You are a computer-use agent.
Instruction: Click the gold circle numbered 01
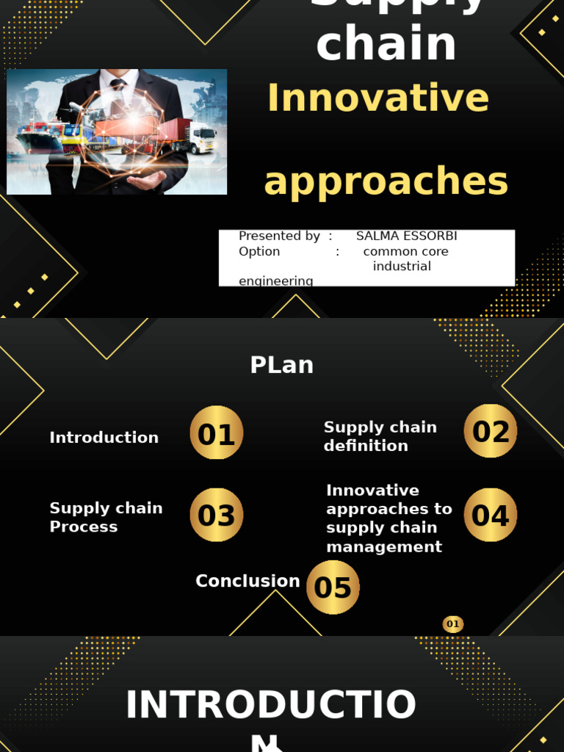pos(216,433)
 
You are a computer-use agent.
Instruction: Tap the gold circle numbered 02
pos(491,431)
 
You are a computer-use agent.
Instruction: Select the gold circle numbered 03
pos(216,516)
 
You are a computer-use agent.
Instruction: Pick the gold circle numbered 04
pos(491,515)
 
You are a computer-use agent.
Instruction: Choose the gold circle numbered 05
pos(333,587)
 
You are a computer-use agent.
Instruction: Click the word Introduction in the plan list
pos(104,438)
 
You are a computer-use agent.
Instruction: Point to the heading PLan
pos(282,365)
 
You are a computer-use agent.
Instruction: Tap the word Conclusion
pos(247,581)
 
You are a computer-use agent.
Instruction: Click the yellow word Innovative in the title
pos(377,98)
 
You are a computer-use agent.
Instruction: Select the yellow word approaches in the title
pos(386,181)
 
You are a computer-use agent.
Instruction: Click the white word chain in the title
pos(386,44)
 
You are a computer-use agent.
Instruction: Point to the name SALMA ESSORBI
pos(406,236)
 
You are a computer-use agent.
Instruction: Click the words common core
pos(405,251)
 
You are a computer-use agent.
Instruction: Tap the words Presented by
pos(279,236)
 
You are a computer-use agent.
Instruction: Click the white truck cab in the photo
pos(203,137)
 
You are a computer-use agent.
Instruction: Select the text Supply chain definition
pos(380,436)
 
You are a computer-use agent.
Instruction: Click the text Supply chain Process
pos(106,517)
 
